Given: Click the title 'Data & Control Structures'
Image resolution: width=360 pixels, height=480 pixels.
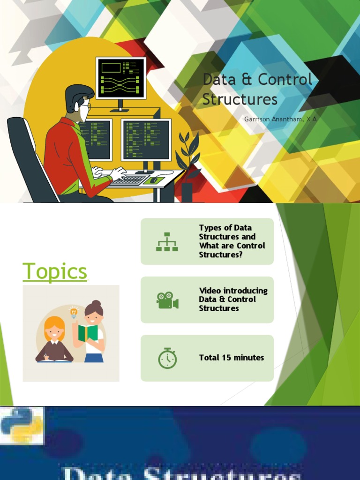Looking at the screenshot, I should click(x=257, y=89).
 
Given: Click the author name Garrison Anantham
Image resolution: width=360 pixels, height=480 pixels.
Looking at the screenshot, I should click(x=280, y=119).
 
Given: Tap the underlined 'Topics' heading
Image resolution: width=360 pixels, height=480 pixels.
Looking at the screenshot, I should click(x=55, y=271).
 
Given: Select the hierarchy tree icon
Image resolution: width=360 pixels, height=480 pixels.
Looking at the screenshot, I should click(x=167, y=241).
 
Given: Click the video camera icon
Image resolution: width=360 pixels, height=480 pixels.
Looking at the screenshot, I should click(x=167, y=300).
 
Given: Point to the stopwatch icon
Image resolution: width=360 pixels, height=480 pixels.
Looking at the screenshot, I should click(x=167, y=358).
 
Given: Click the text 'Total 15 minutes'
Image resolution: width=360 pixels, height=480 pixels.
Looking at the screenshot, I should click(x=231, y=358).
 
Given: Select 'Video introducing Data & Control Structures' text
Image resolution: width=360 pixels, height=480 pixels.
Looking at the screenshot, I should click(x=233, y=300).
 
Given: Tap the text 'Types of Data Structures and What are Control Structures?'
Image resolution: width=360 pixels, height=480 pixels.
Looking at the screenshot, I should click(x=232, y=241).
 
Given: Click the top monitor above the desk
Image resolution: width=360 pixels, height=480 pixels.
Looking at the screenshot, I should click(x=120, y=78).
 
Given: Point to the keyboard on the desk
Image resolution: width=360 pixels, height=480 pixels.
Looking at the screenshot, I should click(x=129, y=180).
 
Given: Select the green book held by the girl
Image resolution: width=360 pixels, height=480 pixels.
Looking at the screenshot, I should click(x=88, y=333).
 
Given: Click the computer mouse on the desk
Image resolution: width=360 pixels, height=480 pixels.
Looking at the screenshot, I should click(x=153, y=180).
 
